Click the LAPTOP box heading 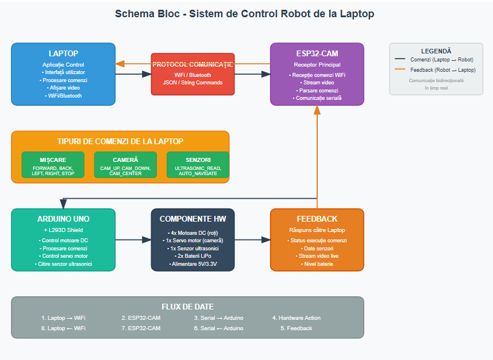[x=63, y=53]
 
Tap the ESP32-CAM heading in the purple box [x=317, y=53]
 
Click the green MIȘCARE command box [x=53, y=165]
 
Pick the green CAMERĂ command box [x=125, y=165]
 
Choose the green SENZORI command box [x=198, y=165]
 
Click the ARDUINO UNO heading [x=63, y=219]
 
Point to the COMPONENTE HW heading [x=192, y=219]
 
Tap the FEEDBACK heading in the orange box [x=317, y=219]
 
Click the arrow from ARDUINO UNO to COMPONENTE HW [x=133, y=239]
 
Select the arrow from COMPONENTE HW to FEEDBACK [x=252, y=239]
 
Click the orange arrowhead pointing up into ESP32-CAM [x=317, y=110]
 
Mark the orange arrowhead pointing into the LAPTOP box [x=120, y=64]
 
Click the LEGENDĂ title [x=436, y=51]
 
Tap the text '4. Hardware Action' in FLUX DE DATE [x=296, y=318]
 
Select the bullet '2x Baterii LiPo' [x=192, y=256]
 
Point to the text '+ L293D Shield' [x=63, y=230]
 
